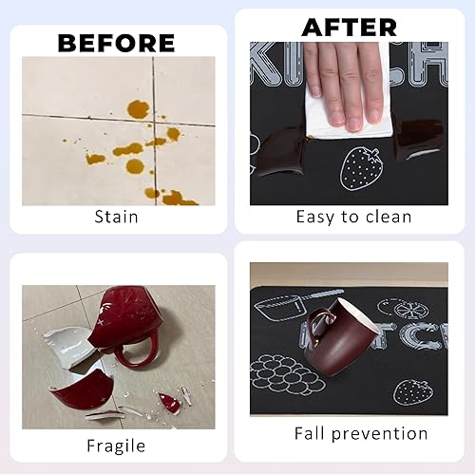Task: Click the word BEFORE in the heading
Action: (117, 43)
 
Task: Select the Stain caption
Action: (116, 217)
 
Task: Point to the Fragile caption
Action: (116, 445)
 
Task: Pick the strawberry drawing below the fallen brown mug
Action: (410, 389)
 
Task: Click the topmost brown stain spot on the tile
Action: (138, 109)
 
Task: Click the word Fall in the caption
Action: (312, 434)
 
